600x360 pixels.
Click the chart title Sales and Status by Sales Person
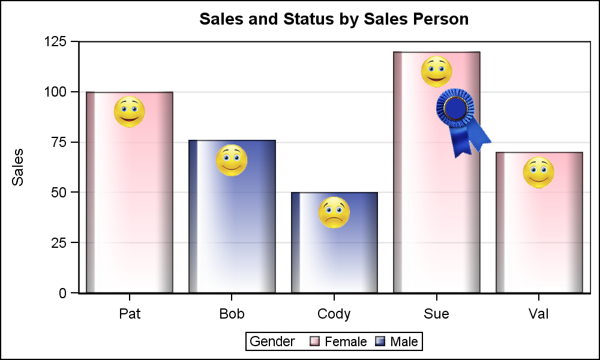(x=334, y=19)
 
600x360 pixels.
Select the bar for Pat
(x=130, y=204)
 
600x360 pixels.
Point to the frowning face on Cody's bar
(x=334, y=212)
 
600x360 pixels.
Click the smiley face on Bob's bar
(x=232, y=160)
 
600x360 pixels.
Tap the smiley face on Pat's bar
(x=130, y=112)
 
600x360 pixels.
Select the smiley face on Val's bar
(x=539, y=173)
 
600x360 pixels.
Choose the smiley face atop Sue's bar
(x=436, y=72)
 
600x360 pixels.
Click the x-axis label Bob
(x=232, y=314)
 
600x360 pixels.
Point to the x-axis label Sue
(x=436, y=314)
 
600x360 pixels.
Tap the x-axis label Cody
(x=334, y=314)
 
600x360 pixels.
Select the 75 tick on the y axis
(x=63, y=142)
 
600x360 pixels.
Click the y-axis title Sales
(x=19, y=167)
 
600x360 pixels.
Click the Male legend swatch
(x=380, y=342)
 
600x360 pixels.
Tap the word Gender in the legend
(x=272, y=342)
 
